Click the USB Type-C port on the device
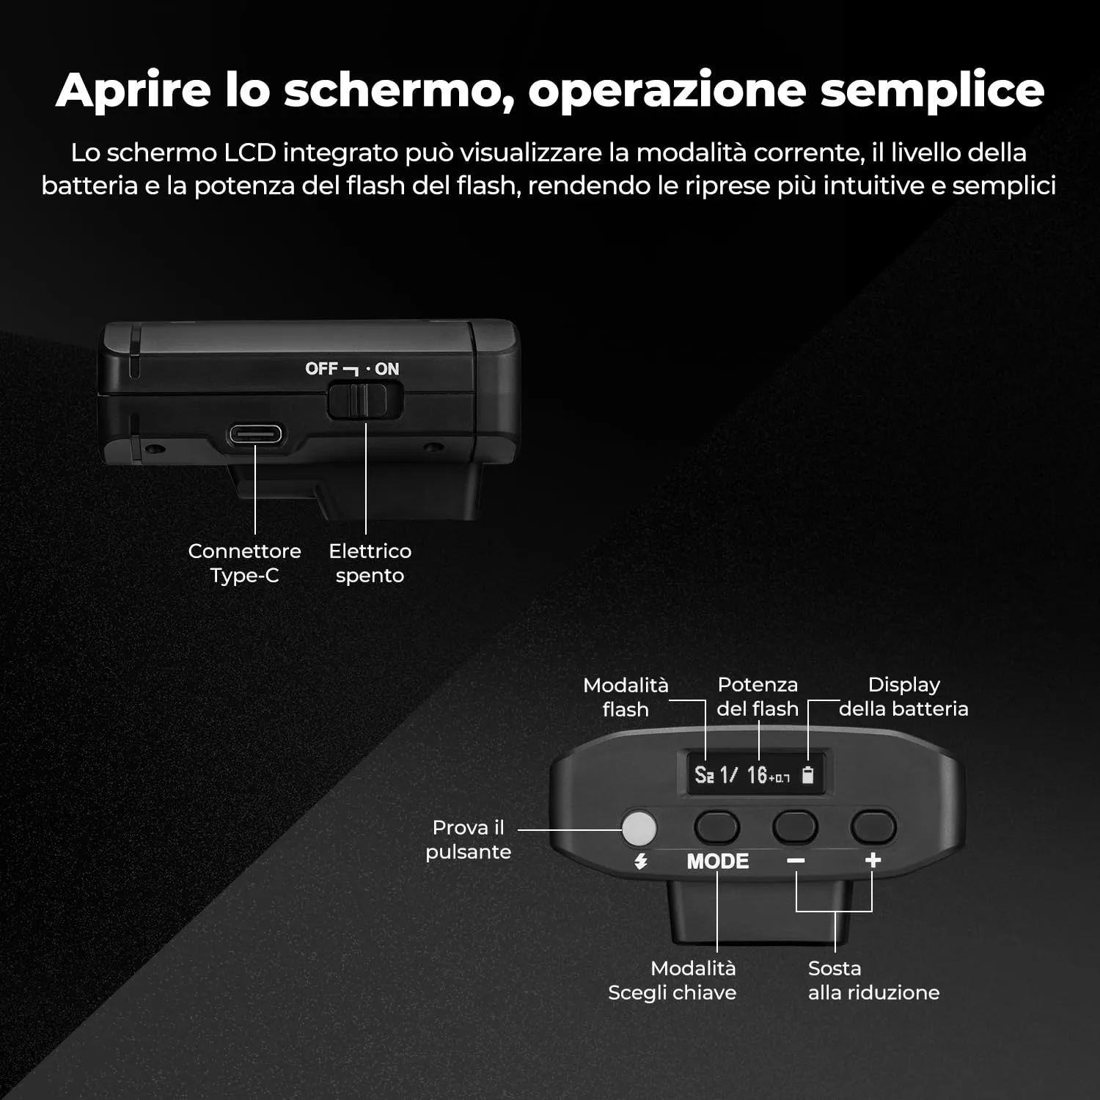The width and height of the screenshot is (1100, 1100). click(255, 434)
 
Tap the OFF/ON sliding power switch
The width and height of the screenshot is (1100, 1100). click(364, 400)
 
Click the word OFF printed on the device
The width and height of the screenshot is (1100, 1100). click(321, 368)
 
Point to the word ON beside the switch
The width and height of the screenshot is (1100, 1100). click(387, 369)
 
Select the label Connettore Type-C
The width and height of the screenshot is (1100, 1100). click(244, 563)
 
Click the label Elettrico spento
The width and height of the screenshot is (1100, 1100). click(370, 563)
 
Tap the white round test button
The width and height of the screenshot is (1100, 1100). click(639, 828)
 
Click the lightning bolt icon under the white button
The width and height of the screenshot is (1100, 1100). click(641, 861)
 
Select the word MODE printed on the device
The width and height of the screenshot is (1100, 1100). click(718, 861)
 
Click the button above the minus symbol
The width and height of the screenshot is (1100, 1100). click(795, 827)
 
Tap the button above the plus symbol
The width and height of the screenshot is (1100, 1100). click(873, 827)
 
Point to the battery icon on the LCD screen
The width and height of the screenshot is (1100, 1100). click(808, 774)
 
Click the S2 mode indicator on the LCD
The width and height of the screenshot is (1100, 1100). click(704, 774)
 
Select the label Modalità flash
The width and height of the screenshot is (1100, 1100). click(626, 697)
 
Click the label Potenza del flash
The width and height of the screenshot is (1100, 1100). click(758, 697)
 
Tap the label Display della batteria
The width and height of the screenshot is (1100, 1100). click(903, 697)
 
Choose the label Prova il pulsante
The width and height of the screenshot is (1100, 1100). click(469, 840)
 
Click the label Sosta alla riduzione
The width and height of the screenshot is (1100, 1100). click(873, 980)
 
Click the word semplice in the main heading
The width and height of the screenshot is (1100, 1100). click(932, 91)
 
